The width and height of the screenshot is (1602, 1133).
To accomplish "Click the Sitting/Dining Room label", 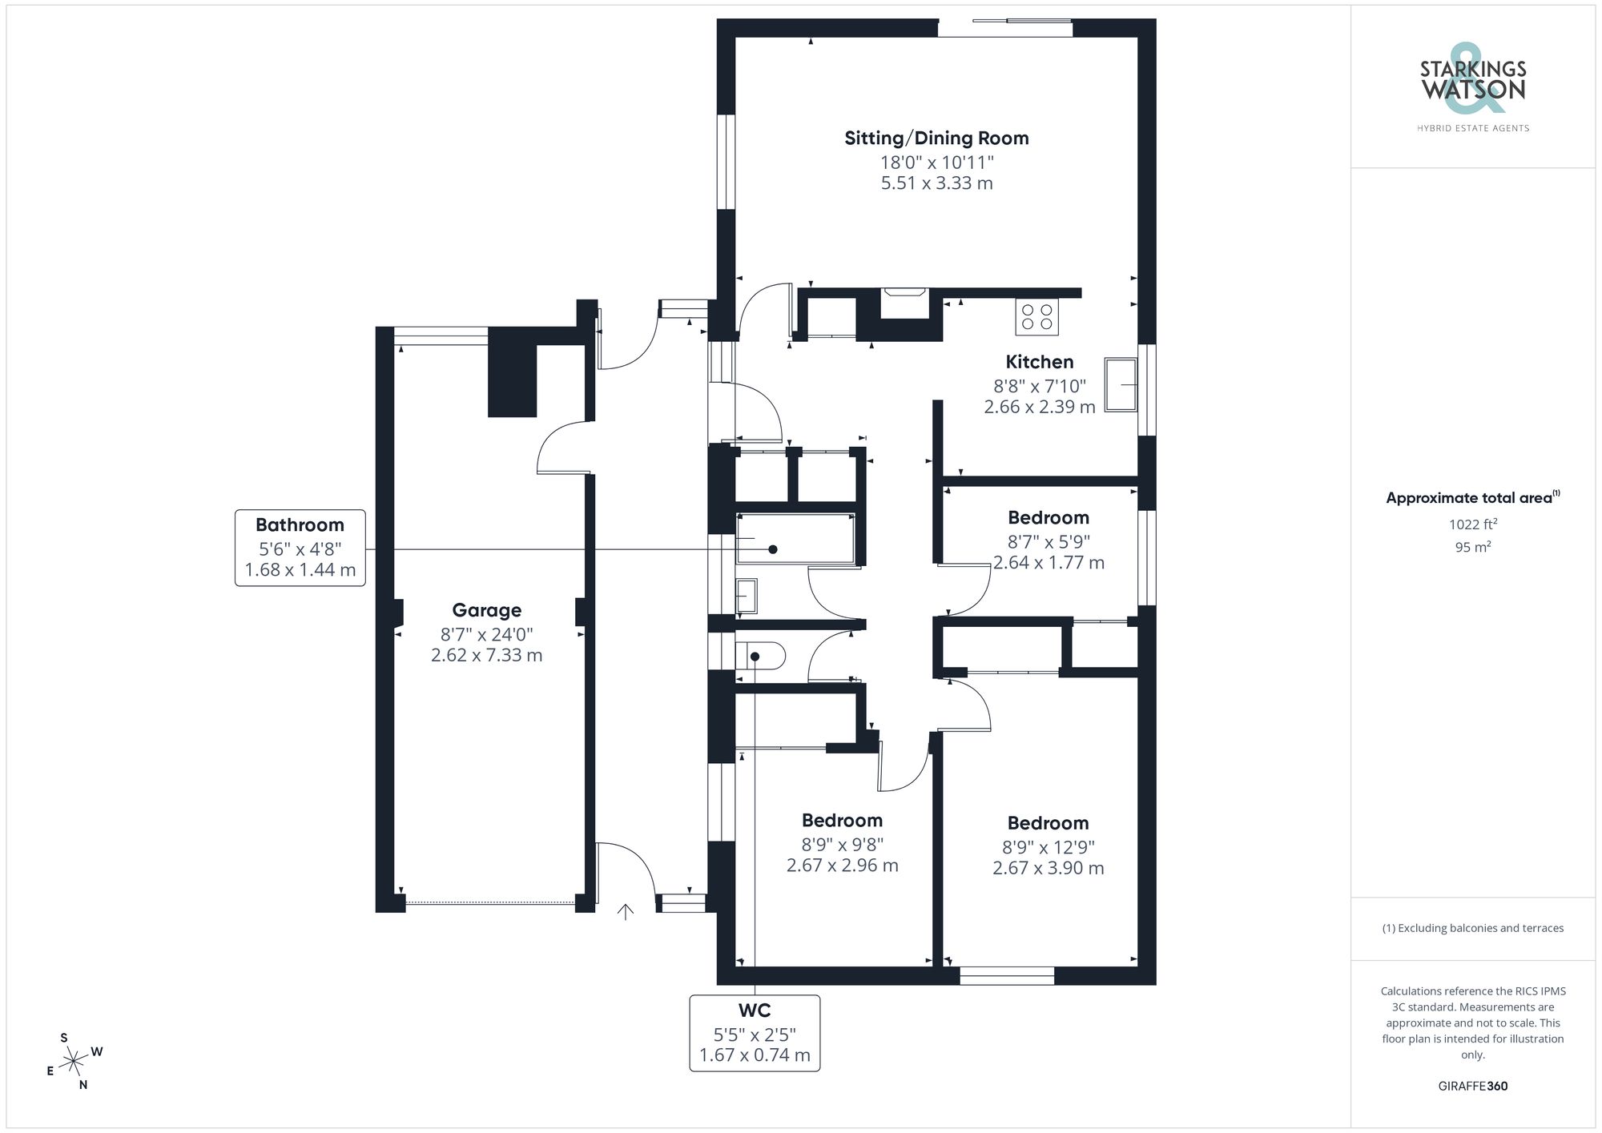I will [936, 139].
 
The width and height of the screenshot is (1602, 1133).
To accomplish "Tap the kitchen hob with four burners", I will [1036, 316].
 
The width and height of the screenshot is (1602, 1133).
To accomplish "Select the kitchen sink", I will [1121, 384].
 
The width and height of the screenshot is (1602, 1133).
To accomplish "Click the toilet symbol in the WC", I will [761, 657].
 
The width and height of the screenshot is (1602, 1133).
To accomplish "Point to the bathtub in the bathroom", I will [795, 539].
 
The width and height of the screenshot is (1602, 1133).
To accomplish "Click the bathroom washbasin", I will [746, 596].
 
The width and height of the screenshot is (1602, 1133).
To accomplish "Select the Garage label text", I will [486, 610].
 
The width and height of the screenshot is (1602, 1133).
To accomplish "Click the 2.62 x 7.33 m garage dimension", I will [486, 655].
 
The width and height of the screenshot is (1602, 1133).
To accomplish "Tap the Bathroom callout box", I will [300, 548].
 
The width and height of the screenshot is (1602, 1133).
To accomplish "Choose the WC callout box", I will [755, 1033].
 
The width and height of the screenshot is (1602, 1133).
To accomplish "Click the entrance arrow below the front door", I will [626, 912].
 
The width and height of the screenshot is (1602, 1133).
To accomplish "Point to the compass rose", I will [74, 1062].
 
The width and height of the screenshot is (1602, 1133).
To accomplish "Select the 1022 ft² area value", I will [1472, 524].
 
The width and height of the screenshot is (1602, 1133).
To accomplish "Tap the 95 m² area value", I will [1472, 548].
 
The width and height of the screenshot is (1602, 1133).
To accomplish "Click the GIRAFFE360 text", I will [1472, 1087].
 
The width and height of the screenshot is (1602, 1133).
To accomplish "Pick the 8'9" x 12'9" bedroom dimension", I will [1048, 847].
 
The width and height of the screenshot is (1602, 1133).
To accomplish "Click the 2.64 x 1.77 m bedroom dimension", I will [1049, 563].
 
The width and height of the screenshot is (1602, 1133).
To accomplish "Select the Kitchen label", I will [1039, 362].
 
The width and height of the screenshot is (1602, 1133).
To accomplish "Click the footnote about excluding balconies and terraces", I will [1472, 928].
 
